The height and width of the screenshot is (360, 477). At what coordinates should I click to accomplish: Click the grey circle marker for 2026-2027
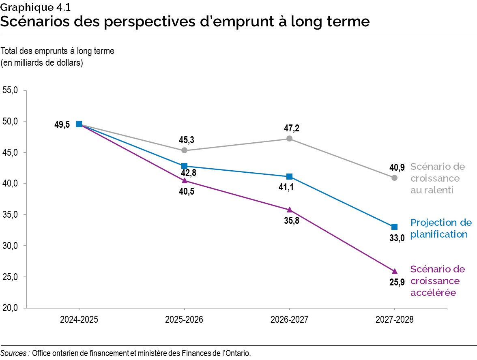click(289, 139)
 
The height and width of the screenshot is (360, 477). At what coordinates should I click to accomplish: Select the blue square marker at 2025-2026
click(184, 166)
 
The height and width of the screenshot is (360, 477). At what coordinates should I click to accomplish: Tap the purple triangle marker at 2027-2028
click(394, 271)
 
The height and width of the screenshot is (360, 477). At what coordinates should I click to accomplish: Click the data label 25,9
click(397, 283)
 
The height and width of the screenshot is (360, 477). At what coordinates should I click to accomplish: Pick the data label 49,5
click(62, 124)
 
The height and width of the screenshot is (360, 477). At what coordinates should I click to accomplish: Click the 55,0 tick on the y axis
click(11, 90)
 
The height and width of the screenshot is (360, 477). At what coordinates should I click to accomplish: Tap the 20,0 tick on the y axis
click(11, 308)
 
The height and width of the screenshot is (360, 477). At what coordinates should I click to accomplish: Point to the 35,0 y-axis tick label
click(11, 215)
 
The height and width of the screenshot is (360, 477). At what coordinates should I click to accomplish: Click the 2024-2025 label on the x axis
click(79, 319)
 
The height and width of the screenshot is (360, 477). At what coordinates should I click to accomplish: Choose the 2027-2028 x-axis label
click(394, 319)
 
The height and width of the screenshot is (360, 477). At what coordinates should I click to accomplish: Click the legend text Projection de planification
click(441, 228)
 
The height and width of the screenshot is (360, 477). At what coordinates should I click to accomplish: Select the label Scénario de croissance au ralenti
click(437, 178)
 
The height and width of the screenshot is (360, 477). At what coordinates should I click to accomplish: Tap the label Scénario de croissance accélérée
click(437, 281)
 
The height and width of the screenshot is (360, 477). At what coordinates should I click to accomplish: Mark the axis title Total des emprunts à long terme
click(58, 51)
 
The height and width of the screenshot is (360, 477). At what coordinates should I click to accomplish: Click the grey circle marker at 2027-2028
click(394, 178)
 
